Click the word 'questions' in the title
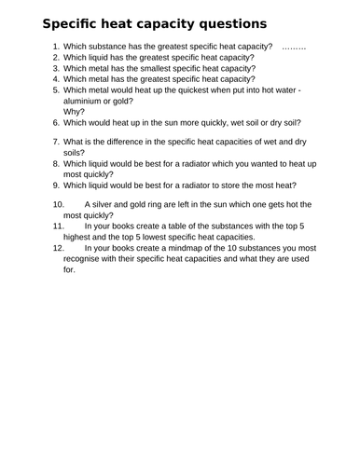point(222,22)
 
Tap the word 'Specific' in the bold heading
point(57,22)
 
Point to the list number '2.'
point(55,58)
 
